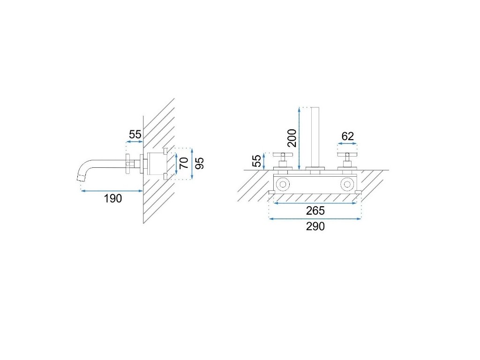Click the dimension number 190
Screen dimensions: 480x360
tap(112, 198)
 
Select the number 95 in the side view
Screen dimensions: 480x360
tap(200, 163)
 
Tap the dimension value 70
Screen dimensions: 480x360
tap(184, 163)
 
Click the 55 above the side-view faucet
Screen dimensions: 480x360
tap(135, 135)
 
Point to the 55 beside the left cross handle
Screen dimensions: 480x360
tap(257, 161)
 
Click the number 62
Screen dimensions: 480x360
tap(347, 136)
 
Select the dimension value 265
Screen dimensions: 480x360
tap(315, 210)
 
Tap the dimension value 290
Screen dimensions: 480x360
tap(315, 226)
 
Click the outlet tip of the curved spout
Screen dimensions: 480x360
tap(80, 177)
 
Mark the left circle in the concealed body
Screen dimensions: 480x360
tap(283, 184)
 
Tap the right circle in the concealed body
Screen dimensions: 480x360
tap(347, 184)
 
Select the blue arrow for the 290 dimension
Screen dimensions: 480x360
tap(315, 218)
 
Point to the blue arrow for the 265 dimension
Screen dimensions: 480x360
tap(315, 202)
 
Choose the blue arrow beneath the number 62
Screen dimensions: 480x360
tap(347, 144)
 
